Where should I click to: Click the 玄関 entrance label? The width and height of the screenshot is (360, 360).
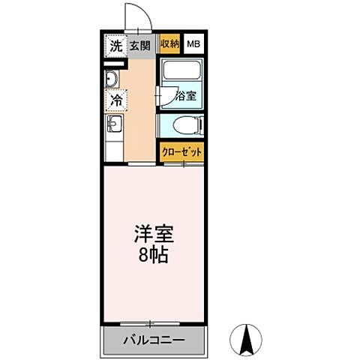pos(139,45)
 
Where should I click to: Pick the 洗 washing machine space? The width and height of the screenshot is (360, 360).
pos(115,45)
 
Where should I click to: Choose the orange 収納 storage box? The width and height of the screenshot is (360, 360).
pos(169,44)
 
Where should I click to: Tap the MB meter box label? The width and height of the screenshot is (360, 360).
pos(193,44)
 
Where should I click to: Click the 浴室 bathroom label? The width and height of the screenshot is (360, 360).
pos(185,96)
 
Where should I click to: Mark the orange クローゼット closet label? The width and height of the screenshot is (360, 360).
pos(181,151)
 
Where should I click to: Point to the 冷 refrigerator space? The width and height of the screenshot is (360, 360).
pos(115,99)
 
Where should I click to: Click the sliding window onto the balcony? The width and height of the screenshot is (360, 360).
pos(154,323)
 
